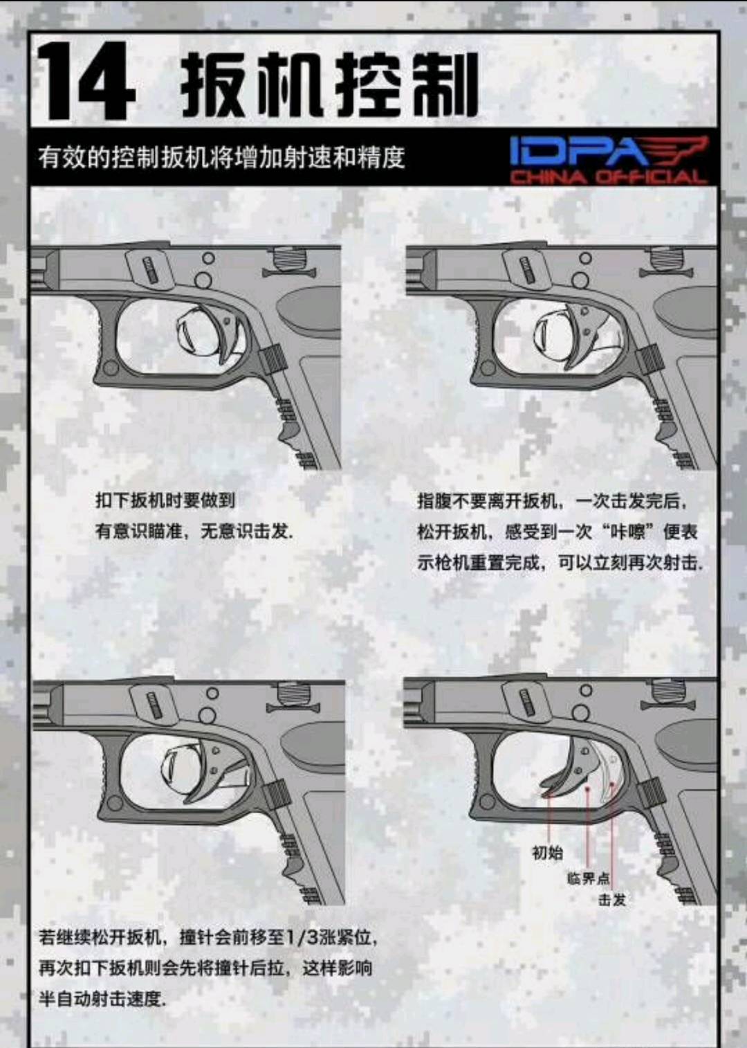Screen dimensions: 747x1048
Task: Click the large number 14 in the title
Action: pyautogui.click(x=86, y=80)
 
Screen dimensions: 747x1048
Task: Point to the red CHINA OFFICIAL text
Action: pyautogui.click(x=608, y=177)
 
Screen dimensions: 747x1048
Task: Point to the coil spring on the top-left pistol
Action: pyautogui.click(x=288, y=258)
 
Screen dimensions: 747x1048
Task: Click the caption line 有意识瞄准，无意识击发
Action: pyautogui.click(x=194, y=532)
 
